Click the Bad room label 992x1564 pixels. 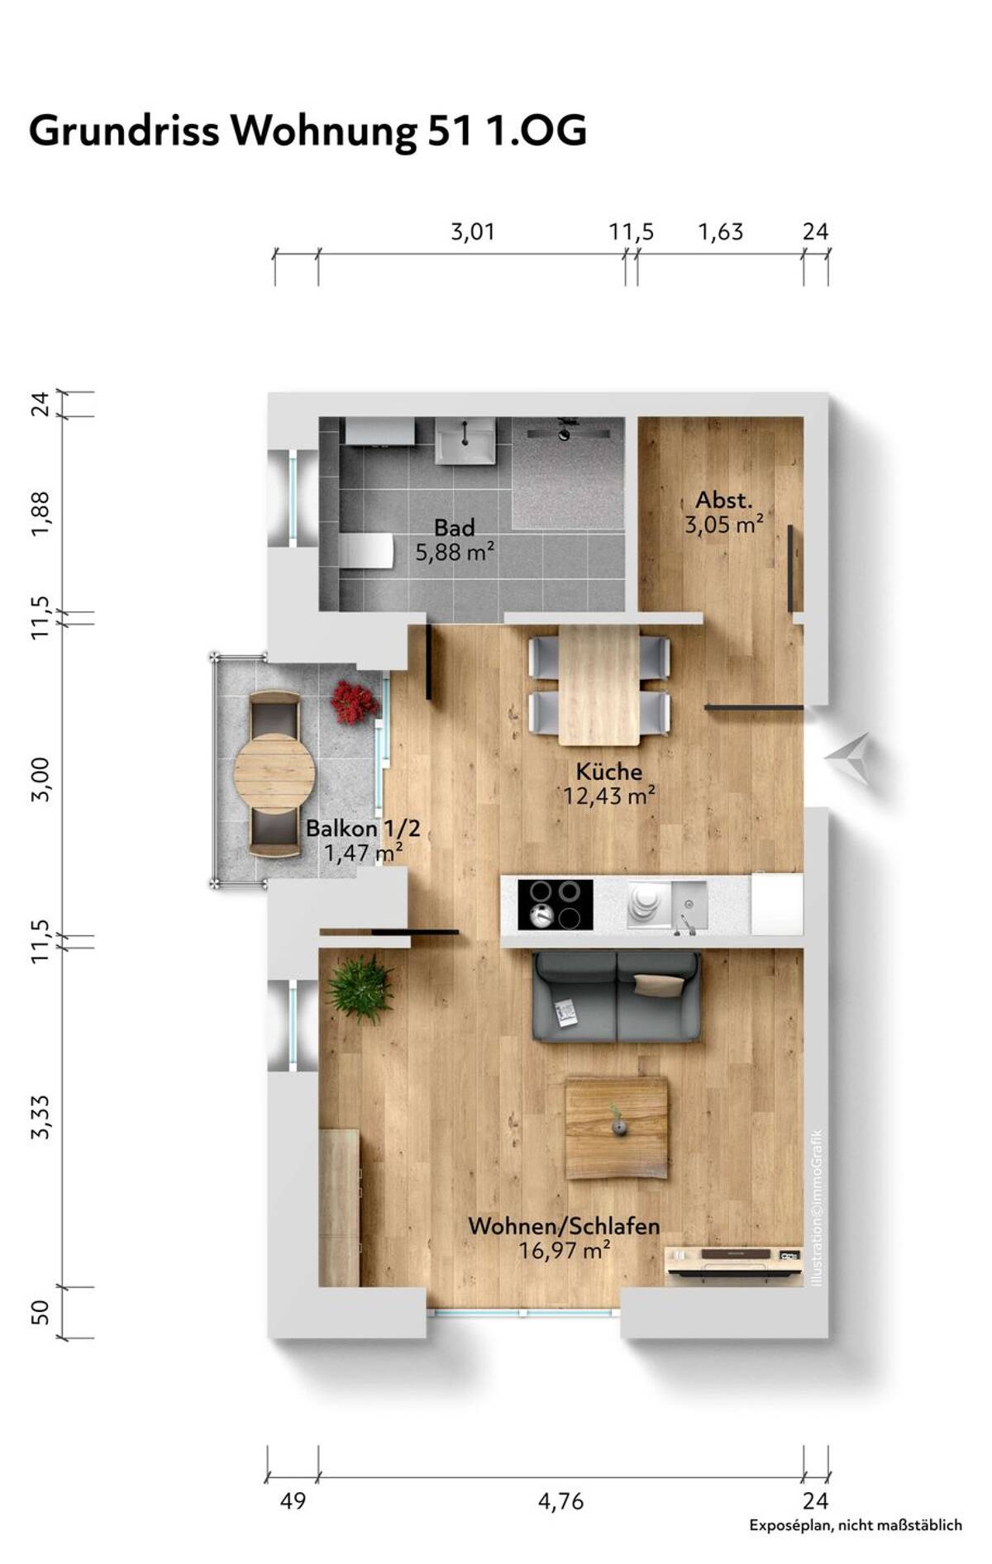tap(455, 527)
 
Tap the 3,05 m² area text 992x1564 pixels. tap(723, 525)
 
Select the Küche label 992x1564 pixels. tap(609, 772)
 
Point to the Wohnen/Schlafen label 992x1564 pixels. tap(564, 1226)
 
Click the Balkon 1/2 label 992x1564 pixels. tap(363, 828)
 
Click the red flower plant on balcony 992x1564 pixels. tap(354, 702)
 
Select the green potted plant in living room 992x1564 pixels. tap(360, 989)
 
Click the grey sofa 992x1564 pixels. tap(617, 996)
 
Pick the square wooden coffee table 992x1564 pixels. tap(617, 1129)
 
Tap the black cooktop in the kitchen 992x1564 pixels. tap(555, 905)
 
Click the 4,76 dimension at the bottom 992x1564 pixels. tap(560, 1501)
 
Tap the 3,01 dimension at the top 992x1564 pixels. tap(473, 232)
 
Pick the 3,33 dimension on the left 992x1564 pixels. tap(41, 1118)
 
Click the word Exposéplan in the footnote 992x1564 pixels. tap(789, 1526)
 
